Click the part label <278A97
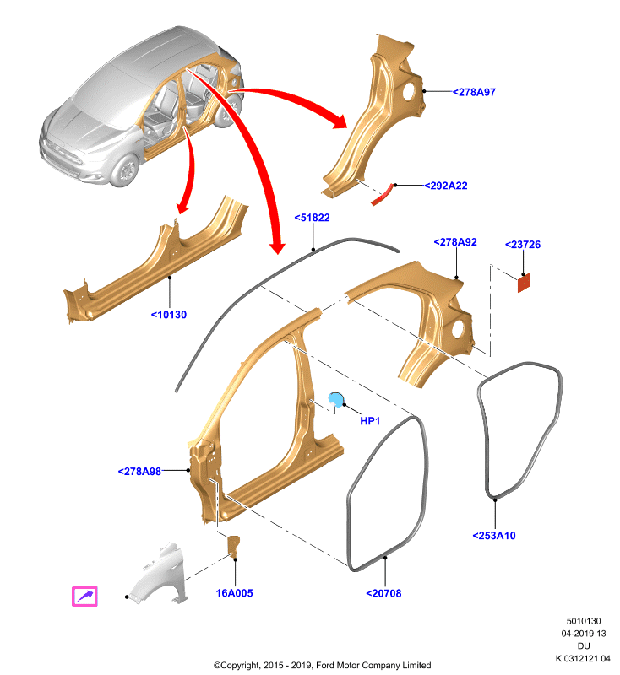click(474, 92)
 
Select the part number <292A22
click(446, 186)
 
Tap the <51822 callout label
click(312, 218)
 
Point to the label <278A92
click(455, 242)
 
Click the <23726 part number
click(523, 245)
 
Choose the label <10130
click(169, 315)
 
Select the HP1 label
click(370, 421)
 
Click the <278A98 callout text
click(139, 472)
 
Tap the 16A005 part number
click(234, 593)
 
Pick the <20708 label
click(383, 594)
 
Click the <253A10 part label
click(494, 536)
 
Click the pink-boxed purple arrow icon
click(84, 597)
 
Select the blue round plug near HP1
click(335, 399)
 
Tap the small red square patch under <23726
click(524, 283)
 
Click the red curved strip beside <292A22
click(382, 196)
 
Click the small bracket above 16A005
click(233, 547)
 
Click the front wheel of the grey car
click(125, 171)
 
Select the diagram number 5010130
click(584, 621)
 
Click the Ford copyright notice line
click(323, 666)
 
